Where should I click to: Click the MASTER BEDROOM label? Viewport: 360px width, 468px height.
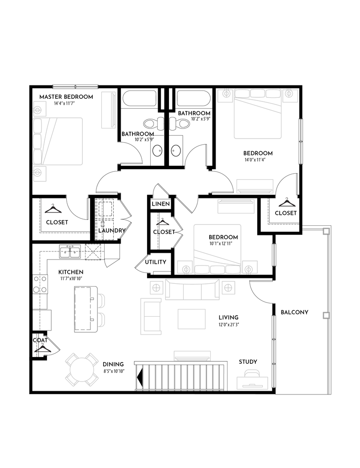(66, 97)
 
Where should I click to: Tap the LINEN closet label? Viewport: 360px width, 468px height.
(161, 204)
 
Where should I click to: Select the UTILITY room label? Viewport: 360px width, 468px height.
(155, 262)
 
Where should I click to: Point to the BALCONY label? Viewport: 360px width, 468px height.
(294, 312)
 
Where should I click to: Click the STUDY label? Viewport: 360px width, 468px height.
(248, 362)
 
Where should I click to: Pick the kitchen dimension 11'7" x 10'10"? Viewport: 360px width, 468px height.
(70, 279)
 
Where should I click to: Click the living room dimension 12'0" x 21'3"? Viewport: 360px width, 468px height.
(228, 324)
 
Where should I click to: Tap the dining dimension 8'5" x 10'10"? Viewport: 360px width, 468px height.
(114, 371)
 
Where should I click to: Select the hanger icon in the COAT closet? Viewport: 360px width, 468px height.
(42, 348)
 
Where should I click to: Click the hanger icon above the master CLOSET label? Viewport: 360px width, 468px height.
(53, 209)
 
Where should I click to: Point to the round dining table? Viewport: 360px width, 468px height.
(82, 369)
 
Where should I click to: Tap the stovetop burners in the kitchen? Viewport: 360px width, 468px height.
(40, 284)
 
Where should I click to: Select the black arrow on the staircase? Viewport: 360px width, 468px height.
(139, 377)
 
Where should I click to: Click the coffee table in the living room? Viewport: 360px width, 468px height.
(191, 319)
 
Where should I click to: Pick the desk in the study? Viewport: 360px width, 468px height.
(253, 383)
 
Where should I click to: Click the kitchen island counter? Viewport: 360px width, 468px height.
(86, 309)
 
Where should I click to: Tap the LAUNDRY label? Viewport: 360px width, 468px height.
(112, 230)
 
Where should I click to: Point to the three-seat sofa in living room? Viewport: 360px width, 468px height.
(192, 289)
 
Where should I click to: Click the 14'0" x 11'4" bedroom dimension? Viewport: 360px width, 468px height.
(255, 160)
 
